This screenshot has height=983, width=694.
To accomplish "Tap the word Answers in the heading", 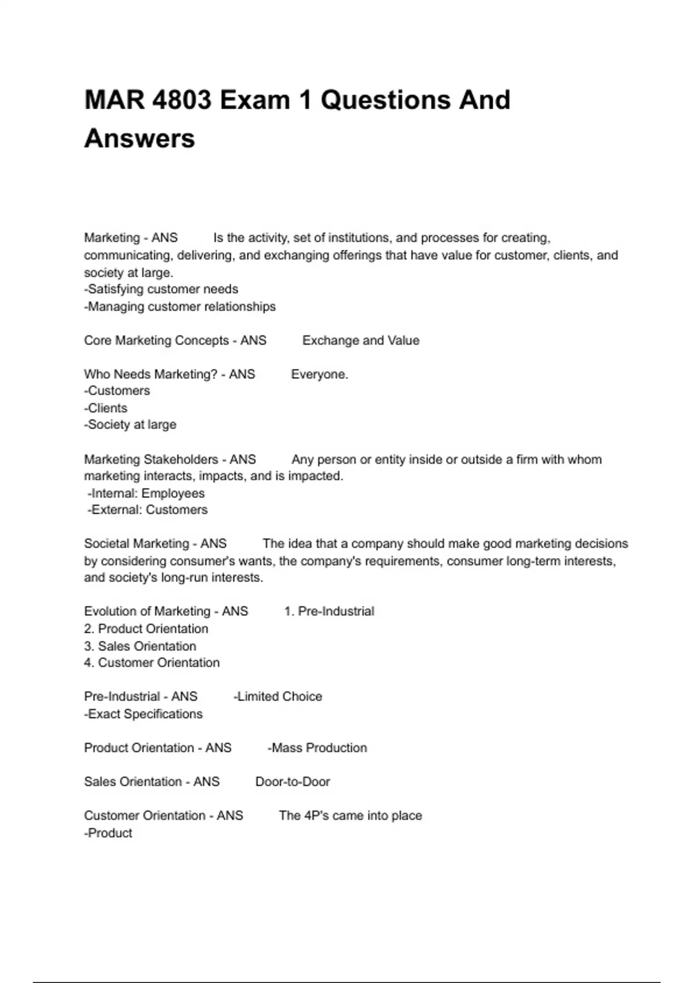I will point(139,139).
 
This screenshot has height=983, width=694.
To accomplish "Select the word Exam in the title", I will point(254,100).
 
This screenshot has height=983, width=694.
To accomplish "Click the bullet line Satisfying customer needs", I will point(161,289).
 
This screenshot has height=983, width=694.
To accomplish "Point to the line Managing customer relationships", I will point(180,306).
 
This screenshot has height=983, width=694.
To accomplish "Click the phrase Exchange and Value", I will point(361,341).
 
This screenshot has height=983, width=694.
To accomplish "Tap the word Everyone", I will point(319,375).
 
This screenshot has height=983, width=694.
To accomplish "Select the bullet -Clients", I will point(106,408).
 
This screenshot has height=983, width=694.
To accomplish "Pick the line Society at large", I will point(130,425).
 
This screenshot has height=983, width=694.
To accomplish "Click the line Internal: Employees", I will point(146,493).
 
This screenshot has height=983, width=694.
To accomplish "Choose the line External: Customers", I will point(147,510).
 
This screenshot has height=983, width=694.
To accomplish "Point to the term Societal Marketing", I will point(136,544).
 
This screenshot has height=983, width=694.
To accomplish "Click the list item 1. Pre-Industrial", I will point(329,612).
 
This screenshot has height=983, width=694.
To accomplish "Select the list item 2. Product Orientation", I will point(146,629).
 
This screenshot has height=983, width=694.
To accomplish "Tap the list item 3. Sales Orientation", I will point(140,646).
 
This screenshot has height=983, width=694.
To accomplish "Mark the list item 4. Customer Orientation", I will point(152,663).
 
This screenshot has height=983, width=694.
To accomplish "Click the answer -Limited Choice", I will point(278,697).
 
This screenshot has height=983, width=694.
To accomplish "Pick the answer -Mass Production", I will point(317,748).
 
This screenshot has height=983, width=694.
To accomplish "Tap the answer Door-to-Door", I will point(293,782).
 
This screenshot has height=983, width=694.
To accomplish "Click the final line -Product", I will point(108,833).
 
